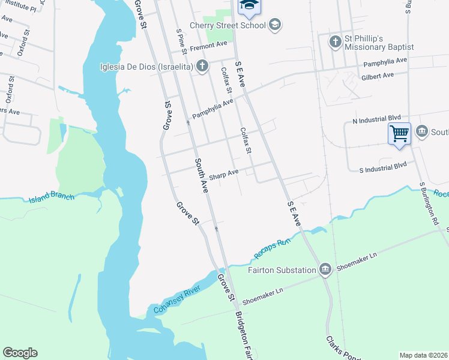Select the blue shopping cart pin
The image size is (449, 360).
(x=399, y=133)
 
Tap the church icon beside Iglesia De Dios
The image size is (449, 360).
(x=202, y=65)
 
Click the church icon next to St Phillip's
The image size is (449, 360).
(x=336, y=41)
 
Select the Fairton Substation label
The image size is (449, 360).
(x=282, y=269)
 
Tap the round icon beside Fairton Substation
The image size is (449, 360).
(x=325, y=268)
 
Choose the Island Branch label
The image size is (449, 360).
(x=51, y=197)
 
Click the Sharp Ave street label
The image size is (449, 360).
(x=223, y=173)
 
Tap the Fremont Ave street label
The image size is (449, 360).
(x=208, y=44)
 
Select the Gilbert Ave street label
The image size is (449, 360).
(x=377, y=76)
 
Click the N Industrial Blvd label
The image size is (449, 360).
(x=376, y=120)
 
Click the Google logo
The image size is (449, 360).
(x=20, y=353)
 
